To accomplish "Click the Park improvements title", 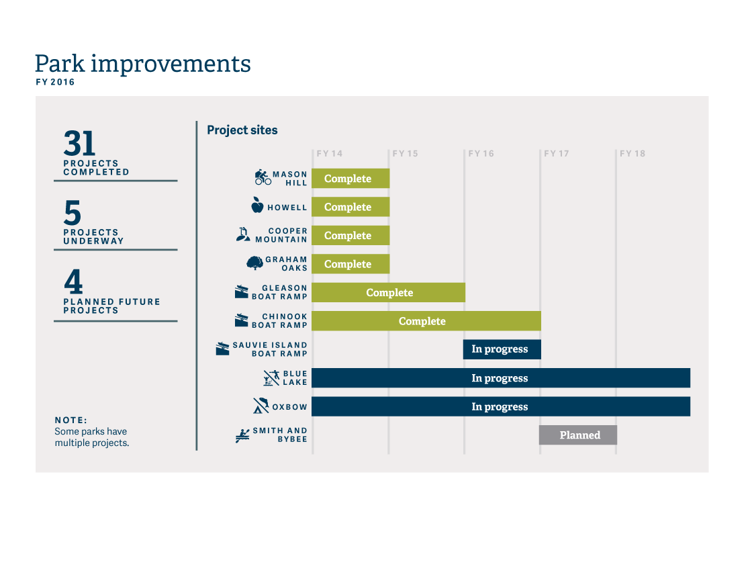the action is click(x=143, y=64).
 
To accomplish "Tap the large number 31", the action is click(x=80, y=143).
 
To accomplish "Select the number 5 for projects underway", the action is click(x=73, y=212).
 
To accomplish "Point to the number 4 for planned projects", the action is click(x=73, y=281).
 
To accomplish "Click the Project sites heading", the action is click(x=242, y=130).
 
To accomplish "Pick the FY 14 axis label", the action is click(x=330, y=154).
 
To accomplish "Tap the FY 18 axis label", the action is click(x=632, y=154).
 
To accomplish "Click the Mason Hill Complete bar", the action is click(x=350, y=179).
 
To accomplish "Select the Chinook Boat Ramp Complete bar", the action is click(x=426, y=321).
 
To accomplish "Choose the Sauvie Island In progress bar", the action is click(x=502, y=349).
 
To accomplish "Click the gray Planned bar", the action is click(x=578, y=435).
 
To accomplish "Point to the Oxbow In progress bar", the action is click(x=501, y=406).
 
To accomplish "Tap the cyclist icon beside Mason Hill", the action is click(x=263, y=177).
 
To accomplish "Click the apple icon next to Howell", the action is click(x=258, y=205).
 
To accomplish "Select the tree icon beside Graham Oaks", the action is click(x=254, y=263).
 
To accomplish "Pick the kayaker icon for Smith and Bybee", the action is click(x=242, y=436).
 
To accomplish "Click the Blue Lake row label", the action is click(x=295, y=378).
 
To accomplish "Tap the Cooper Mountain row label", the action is click(x=281, y=235).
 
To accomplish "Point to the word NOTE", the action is click(x=71, y=420).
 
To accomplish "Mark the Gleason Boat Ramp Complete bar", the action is click(x=389, y=293).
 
